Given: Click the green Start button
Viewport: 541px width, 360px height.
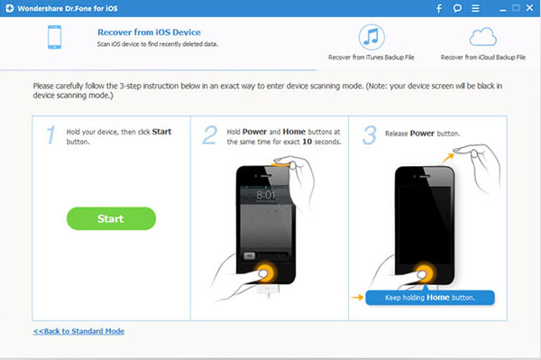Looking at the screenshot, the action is [111, 218].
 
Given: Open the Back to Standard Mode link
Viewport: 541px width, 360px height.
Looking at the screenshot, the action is [78, 331].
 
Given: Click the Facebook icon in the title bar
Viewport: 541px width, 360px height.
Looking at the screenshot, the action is [439, 8].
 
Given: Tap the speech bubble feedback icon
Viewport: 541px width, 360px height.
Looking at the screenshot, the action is [457, 8].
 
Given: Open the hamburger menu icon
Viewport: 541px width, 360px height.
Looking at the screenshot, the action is [475, 8].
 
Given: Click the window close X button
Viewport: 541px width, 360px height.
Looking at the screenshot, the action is [529, 7].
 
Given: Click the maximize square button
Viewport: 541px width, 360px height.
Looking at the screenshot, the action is [516, 7].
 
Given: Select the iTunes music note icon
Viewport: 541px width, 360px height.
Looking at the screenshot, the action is [371, 37].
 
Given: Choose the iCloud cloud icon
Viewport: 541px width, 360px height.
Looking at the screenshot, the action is [483, 37].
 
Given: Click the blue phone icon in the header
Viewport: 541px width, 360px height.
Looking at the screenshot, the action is [54, 37].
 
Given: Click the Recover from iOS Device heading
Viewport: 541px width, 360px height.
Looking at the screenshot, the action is [149, 32].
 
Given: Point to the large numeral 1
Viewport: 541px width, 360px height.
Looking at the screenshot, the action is [50, 134].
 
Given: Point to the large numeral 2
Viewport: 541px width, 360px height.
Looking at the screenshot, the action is [210, 135].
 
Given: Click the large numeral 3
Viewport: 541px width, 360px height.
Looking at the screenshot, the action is [369, 135].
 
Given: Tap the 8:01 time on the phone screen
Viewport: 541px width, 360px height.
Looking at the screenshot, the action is [266, 195].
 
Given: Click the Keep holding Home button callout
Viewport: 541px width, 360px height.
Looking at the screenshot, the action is [430, 298].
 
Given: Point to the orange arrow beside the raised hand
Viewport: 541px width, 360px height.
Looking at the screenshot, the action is [448, 158].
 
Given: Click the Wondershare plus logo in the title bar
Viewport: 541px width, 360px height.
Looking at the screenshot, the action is [10, 8].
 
